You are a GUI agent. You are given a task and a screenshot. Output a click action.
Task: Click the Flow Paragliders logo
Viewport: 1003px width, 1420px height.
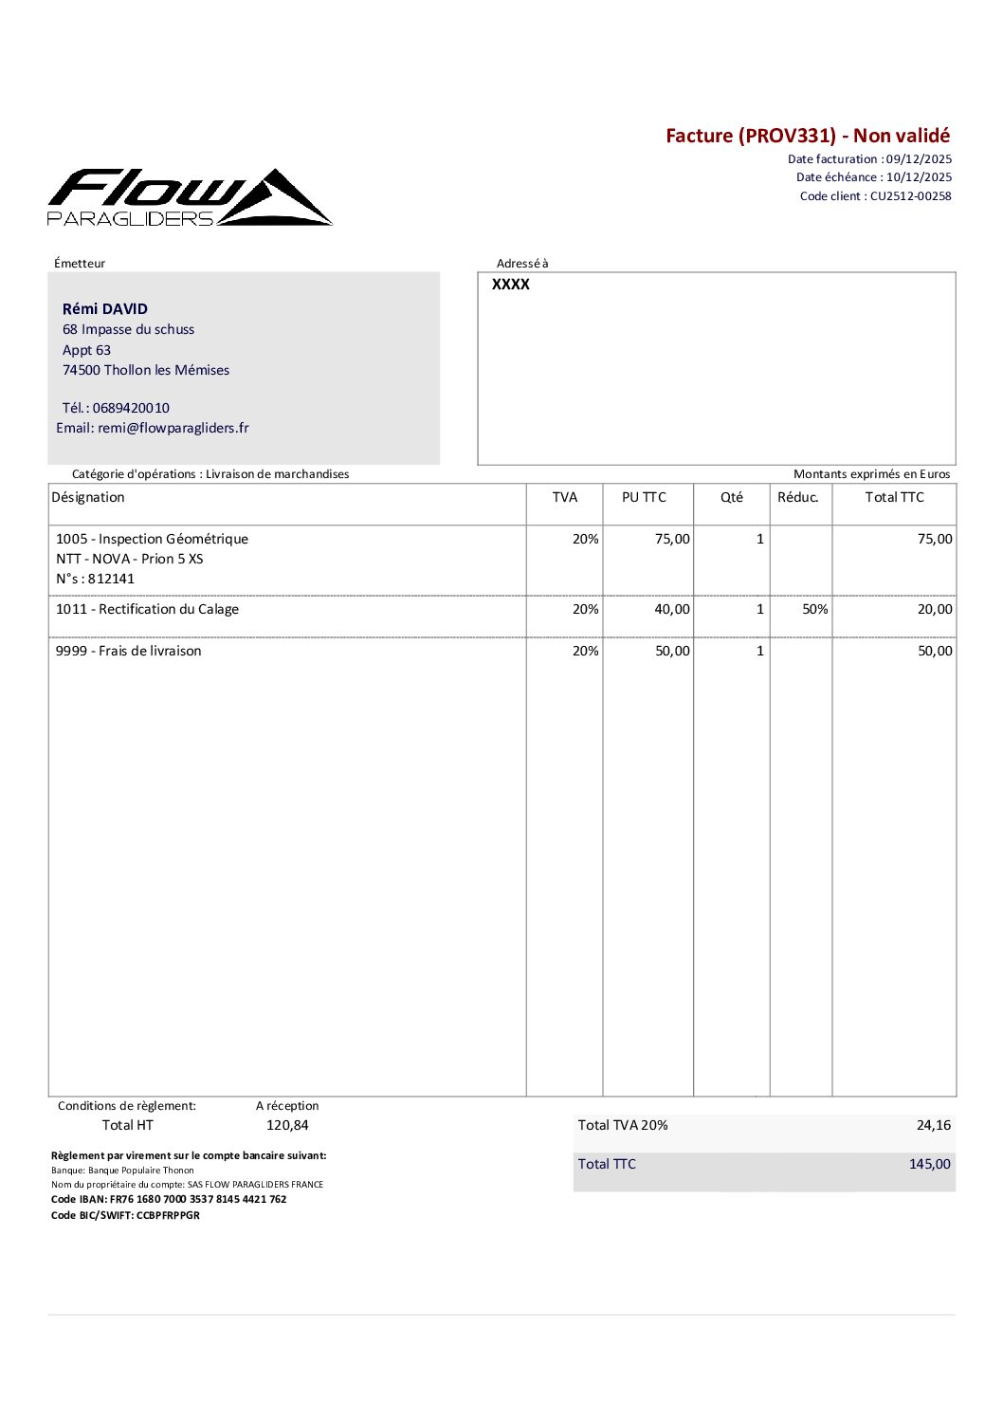pos(190,197)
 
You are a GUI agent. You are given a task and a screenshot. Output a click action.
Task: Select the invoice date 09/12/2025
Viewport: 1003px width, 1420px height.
pos(919,159)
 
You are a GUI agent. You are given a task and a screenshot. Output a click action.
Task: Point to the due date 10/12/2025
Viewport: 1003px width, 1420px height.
pos(919,177)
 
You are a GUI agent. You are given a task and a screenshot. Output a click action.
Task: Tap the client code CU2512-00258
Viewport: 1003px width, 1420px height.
pos(910,196)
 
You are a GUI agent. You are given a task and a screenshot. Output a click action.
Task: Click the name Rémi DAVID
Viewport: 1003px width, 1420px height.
pos(105,309)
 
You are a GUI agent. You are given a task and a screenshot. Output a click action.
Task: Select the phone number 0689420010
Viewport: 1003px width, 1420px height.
pos(131,408)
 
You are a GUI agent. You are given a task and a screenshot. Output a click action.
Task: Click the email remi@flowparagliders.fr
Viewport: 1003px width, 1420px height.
pos(173,428)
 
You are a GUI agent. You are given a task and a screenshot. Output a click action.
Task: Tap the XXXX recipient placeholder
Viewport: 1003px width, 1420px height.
pos(511,285)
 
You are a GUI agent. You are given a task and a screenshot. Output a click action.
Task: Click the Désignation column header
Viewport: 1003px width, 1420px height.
pos(88,497)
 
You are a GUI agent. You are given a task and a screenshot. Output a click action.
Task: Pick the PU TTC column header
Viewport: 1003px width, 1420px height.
pos(644,497)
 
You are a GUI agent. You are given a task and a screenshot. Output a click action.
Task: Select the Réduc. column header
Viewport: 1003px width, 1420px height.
pos(797,497)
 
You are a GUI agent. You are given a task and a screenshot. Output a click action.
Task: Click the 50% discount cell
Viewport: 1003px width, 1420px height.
pos(814,609)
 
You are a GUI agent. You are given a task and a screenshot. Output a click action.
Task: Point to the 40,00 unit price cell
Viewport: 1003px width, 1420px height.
pos(671,609)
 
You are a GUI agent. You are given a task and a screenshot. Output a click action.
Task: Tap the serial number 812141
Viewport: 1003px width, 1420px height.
pos(111,579)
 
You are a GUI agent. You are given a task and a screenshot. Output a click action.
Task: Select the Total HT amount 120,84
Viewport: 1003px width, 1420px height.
pos(287,1125)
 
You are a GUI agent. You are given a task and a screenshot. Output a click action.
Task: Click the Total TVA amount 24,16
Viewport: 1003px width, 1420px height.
pos(933,1125)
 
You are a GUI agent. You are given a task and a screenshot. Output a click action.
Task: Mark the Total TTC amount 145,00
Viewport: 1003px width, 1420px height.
pos(929,1164)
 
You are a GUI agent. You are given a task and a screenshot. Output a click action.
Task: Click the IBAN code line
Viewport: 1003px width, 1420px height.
pos(169,1199)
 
